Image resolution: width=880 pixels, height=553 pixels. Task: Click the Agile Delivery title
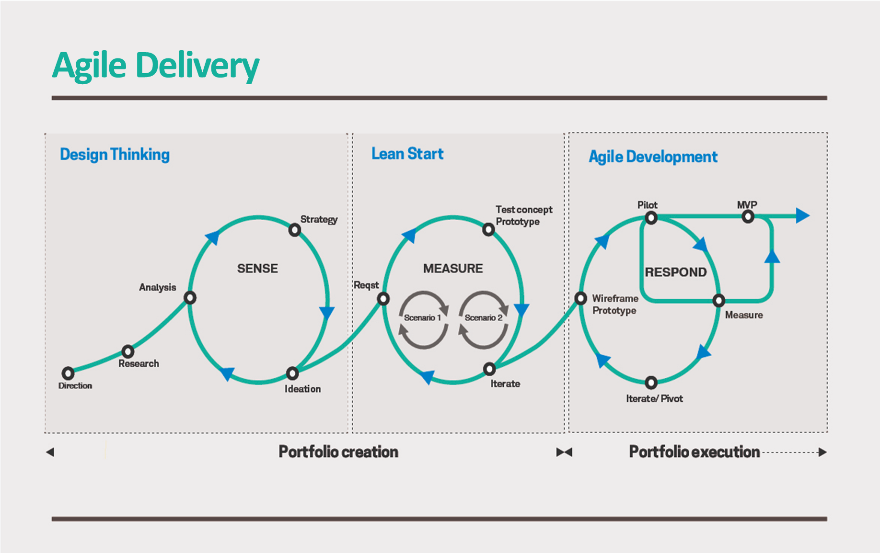coord(155,66)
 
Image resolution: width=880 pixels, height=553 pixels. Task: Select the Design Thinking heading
coord(115,155)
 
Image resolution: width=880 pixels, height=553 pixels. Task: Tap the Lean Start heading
coord(407,154)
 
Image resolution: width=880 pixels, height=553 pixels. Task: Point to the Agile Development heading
coord(653,157)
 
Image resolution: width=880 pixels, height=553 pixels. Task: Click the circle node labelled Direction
coord(68,373)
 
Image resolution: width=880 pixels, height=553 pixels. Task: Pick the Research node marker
coord(127,351)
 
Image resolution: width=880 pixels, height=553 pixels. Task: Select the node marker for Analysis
coord(190,298)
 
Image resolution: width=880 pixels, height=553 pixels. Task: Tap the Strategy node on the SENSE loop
coord(295,230)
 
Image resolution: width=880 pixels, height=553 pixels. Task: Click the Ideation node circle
coord(292,373)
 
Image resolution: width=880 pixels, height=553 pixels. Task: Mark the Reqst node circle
coord(383,299)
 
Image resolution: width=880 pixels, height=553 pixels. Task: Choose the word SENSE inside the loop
coord(257,269)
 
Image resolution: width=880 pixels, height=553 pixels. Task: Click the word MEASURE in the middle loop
coord(453,269)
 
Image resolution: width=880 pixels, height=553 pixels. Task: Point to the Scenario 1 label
coord(422,318)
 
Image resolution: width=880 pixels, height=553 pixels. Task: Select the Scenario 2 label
coord(483,318)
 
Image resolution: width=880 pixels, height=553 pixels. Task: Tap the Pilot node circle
coord(651,218)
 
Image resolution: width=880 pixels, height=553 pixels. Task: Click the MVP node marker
coord(748,217)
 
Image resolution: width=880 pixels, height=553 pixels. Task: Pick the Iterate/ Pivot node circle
coord(651,383)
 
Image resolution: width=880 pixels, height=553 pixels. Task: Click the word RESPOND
coord(676,272)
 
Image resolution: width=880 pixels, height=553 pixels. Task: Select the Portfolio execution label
coord(694,451)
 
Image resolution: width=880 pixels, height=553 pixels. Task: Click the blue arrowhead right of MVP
coord(802,215)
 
